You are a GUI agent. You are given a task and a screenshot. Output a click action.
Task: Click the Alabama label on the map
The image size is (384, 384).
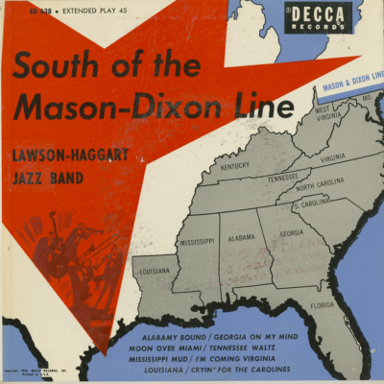coord(242,235)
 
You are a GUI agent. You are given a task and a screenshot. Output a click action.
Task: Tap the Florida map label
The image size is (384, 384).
coord(323,307)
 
